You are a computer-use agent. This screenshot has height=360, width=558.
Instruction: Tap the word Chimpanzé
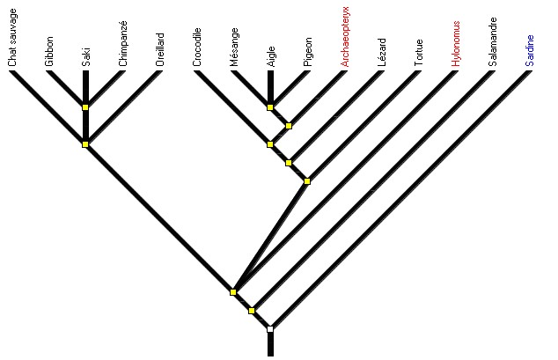coord(122,44)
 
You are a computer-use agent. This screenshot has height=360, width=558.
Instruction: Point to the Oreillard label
coord(159,48)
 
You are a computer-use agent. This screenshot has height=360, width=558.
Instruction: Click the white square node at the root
coord(270,329)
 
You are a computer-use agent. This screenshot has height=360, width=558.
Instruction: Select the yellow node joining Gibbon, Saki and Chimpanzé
coord(85,107)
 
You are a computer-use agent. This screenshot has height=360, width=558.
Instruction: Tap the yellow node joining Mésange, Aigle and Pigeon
coord(270,107)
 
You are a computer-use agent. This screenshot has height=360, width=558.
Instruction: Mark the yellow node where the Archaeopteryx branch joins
coord(289,125)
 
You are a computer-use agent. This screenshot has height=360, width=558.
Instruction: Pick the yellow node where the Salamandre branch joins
coord(252,311)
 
